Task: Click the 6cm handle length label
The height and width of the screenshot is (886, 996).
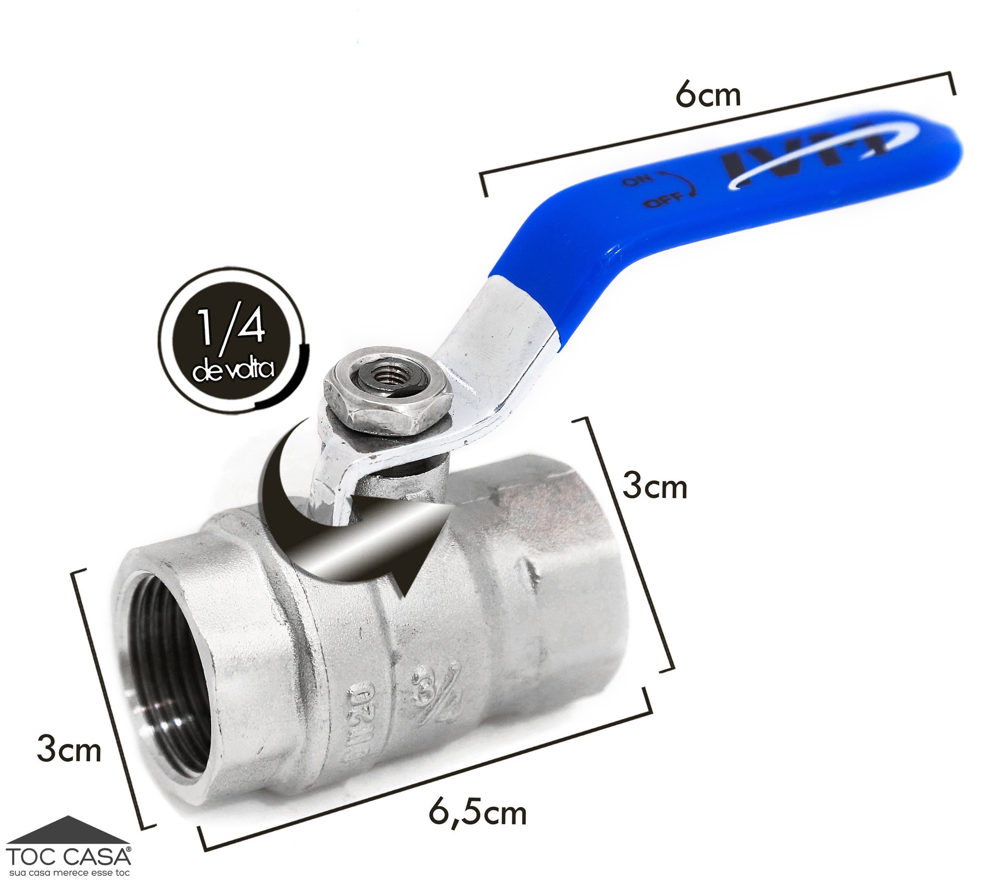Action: click(708, 96)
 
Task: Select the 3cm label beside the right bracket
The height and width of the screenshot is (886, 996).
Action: click(655, 487)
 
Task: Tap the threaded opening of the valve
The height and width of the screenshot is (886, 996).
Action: click(168, 692)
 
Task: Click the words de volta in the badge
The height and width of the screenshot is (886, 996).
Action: click(233, 370)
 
